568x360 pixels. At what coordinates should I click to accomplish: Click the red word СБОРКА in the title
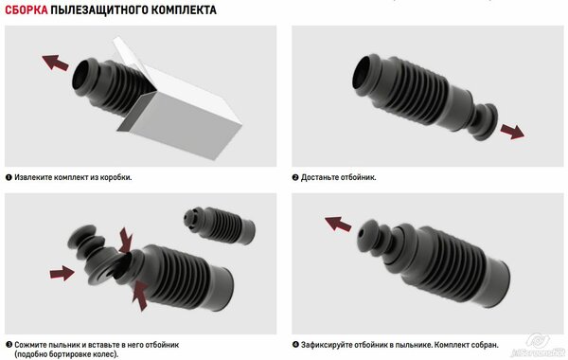[27, 9]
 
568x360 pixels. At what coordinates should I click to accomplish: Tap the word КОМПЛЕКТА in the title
[184, 9]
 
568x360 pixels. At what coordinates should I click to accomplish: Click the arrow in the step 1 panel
[55, 62]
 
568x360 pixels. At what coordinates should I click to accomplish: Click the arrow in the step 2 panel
[512, 132]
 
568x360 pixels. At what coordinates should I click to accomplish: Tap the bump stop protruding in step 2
[485, 122]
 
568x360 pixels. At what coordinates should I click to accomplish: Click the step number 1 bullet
[9, 177]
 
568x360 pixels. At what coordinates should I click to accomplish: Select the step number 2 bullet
[295, 177]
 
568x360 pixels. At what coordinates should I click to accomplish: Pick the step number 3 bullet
[9, 345]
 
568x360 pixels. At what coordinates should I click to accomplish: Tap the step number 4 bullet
[295, 345]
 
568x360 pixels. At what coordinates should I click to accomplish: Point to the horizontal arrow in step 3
[62, 273]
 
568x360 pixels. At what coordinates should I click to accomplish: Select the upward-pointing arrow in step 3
[140, 296]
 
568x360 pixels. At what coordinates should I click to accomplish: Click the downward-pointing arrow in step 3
[126, 240]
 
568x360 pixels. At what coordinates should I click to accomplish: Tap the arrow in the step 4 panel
[338, 224]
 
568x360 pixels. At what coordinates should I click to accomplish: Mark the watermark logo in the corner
[539, 346]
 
